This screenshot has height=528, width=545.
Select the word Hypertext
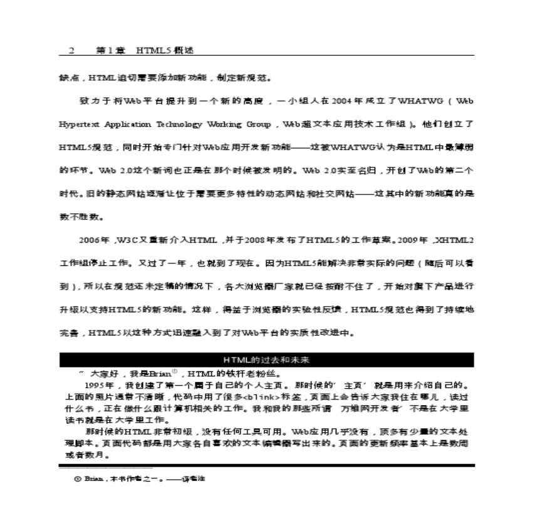(x=80, y=124)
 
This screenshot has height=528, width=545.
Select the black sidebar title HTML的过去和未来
(x=266, y=360)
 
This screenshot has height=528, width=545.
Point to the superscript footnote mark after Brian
(x=175, y=370)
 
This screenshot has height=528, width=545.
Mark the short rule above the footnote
(x=106, y=468)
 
